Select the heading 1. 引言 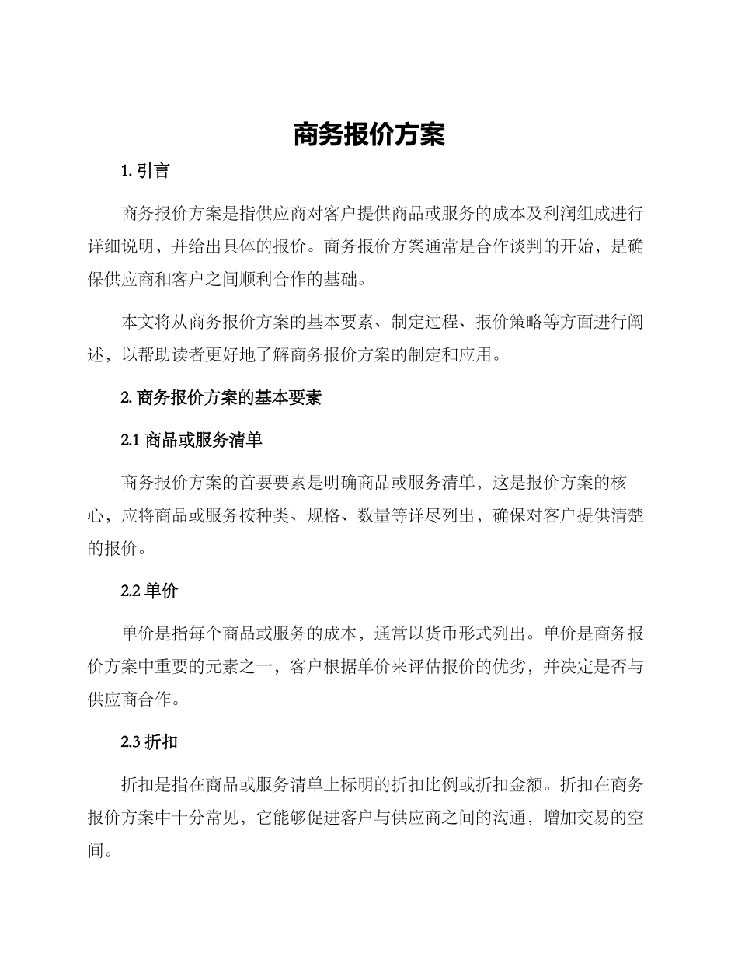145,171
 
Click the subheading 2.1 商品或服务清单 192,440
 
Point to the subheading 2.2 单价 149,591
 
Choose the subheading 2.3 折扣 149,741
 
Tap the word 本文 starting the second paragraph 140,322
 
